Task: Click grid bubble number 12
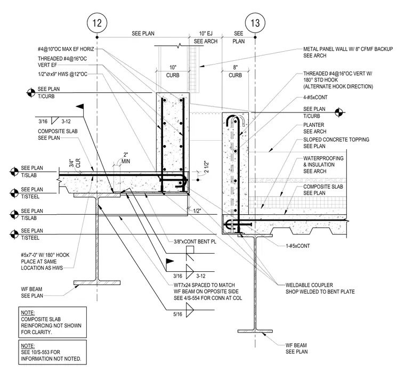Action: [97, 23]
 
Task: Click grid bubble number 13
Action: [255, 23]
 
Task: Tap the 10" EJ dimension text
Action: [206, 34]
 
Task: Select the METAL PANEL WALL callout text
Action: [348, 52]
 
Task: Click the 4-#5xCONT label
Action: [315, 98]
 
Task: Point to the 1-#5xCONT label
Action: [297, 246]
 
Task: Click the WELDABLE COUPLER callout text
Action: [320, 288]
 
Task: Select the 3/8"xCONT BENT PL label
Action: [195, 241]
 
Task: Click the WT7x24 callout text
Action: [208, 292]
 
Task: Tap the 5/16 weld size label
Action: [177, 314]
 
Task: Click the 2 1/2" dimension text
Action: [206, 167]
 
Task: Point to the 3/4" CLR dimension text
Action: [75, 163]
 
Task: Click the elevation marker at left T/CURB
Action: [31, 93]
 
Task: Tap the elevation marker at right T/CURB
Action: [339, 112]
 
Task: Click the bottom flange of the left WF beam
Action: [97, 282]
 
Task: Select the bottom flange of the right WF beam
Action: [255, 331]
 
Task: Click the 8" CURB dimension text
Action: [235, 71]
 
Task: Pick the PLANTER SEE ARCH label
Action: [315, 128]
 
